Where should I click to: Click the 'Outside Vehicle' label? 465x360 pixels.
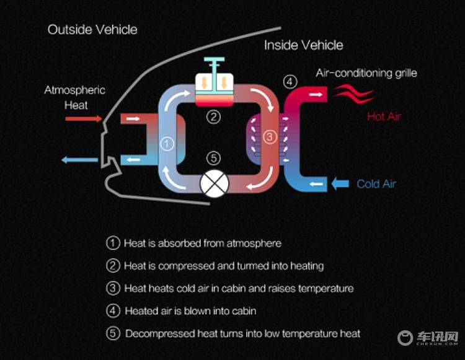click(x=92, y=30)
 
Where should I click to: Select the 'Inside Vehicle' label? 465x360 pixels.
click(x=304, y=45)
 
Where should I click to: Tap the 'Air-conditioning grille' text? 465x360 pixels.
click(x=366, y=73)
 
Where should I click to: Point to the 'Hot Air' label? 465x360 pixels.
click(x=384, y=116)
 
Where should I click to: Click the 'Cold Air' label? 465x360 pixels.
click(x=376, y=184)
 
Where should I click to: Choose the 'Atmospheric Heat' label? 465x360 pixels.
click(x=75, y=97)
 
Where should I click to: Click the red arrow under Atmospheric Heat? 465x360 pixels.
click(x=84, y=119)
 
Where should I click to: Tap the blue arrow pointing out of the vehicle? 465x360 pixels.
click(x=79, y=160)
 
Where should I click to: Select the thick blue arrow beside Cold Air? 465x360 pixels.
click(x=340, y=183)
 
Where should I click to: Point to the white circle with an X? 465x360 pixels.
click(x=215, y=183)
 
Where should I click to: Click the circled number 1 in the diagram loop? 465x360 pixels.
click(x=167, y=144)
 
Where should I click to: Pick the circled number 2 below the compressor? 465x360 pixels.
click(x=213, y=117)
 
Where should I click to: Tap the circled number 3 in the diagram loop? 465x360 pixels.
click(x=270, y=137)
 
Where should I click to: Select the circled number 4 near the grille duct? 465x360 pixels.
click(x=290, y=82)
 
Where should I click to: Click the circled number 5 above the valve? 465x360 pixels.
click(x=213, y=158)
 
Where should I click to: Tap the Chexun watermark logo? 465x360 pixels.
click(x=428, y=338)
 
